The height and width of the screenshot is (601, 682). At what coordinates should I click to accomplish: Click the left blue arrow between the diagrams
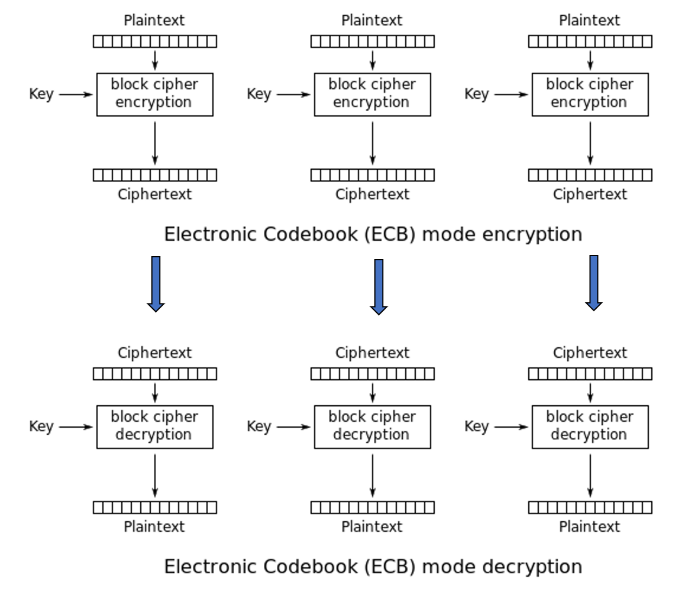(x=156, y=283)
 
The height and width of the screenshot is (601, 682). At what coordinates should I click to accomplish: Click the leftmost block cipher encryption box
(x=154, y=94)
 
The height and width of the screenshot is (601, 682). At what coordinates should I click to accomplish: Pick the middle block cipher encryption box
(x=372, y=94)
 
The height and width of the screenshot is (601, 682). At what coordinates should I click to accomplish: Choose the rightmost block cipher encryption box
(x=590, y=94)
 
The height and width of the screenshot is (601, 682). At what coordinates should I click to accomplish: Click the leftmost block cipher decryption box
(x=154, y=426)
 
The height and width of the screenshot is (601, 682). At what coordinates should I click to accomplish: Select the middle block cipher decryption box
(x=372, y=426)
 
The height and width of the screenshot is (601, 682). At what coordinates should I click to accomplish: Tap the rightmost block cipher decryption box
(x=590, y=426)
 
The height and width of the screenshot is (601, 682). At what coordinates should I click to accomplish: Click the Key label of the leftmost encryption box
(x=41, y=94)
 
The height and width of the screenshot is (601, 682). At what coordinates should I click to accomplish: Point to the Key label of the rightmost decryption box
(x=477, y=426)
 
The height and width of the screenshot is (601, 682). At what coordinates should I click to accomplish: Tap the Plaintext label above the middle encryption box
(x=372, y=20)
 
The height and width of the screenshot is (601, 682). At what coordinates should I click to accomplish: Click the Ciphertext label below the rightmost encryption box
(x=590, y=194)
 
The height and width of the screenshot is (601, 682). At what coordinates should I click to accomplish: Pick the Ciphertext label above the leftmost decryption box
(x=154, y=353)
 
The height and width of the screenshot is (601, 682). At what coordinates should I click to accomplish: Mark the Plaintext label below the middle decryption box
(x=372, y=526)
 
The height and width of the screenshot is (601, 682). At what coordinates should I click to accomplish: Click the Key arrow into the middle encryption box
(x=293, y=94)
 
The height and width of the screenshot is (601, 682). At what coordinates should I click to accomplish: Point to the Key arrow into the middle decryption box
(x=293, y=426)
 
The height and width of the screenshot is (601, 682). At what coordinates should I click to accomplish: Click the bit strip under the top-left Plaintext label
(x=155, y=41)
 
